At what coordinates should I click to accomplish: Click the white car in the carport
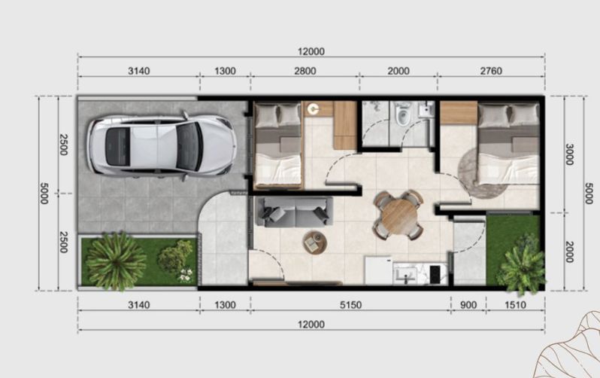tap(162, 145)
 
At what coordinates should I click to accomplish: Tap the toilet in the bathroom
tap(402, 114)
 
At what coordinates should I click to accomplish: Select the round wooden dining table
tap(398, 215)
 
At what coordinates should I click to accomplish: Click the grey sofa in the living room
tap(294, 212)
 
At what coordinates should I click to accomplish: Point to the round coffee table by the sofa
tap(315, 242)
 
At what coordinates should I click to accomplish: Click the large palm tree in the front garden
tap(116, 261)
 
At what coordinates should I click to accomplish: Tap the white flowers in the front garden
tap(186, 275)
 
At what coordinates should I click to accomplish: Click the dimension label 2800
tap(305, 71)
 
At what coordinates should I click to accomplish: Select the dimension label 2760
tap(491, 71)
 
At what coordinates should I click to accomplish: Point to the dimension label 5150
tap(350, 305)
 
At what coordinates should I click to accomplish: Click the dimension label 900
tap(468, 305)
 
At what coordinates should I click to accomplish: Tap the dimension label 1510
tap(516, 305)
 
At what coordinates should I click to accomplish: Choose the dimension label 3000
tap(569, 154)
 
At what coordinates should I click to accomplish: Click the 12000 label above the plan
tap(311, 51)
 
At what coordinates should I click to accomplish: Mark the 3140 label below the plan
tap(138, 305)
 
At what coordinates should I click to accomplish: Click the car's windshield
tap(189, 146)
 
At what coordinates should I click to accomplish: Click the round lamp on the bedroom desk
tap(314, 109)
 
